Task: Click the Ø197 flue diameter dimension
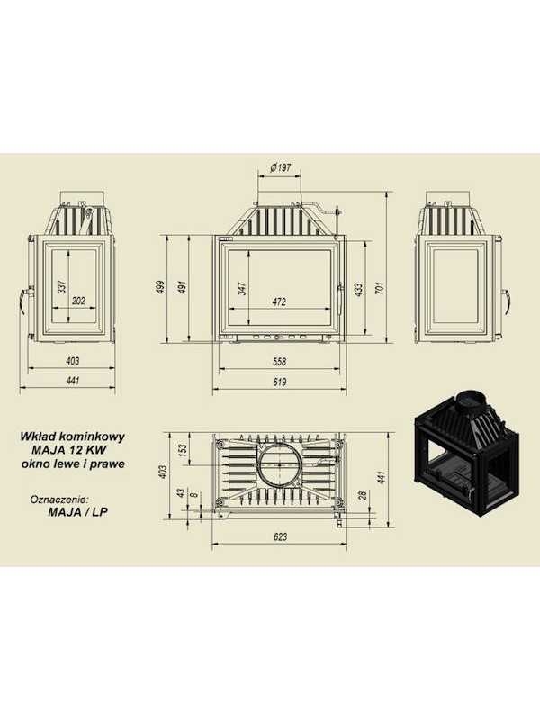coord(281,168)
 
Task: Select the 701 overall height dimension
coord(379,288)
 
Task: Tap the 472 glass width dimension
coord(279,301)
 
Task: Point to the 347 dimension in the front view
coord(243,288)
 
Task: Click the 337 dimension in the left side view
coord(62,286)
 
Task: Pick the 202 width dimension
coord(79,301)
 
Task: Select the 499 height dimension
coord(161,288)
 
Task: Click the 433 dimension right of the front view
coord(359,288)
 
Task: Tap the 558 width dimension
coord(279,362)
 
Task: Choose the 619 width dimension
coord(279,382)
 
